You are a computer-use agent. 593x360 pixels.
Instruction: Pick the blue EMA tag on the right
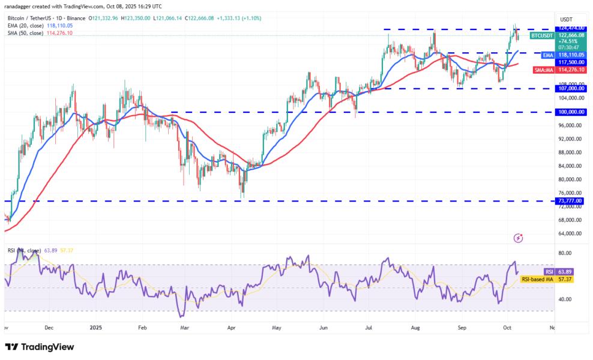click(x=547, y=55)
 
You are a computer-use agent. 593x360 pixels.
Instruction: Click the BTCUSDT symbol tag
click(x=541, y=35)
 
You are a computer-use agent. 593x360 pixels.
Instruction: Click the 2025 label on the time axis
click(x=97, y=328)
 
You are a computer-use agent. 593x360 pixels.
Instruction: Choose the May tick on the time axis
click(x=277, y=328)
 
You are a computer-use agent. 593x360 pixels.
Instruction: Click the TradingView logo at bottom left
click(x=40, y=347)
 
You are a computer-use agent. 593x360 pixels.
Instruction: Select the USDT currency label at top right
click(x=567, y=19)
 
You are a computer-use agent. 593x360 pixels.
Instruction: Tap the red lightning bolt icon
click(x=519, y=238)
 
